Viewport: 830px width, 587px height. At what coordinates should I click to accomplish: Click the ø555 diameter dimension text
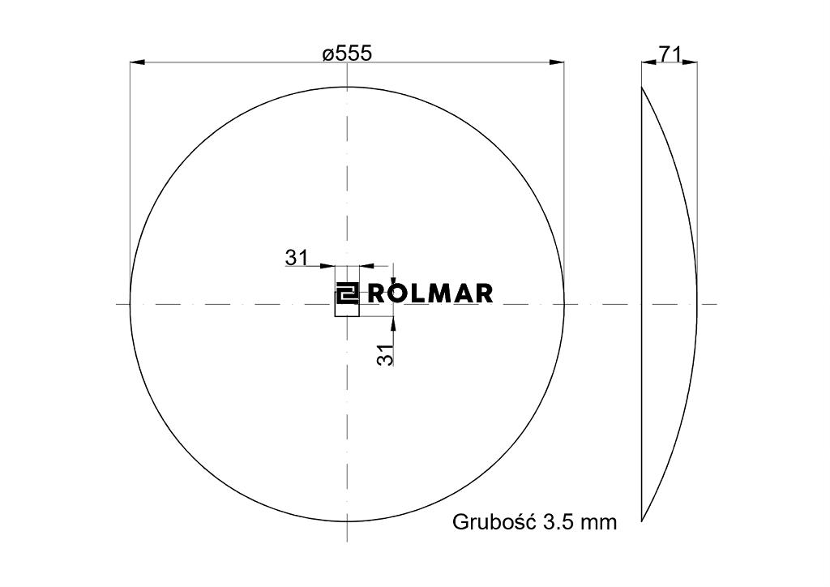coord(347,54)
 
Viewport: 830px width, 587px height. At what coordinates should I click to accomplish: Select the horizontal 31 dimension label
coord(296,258)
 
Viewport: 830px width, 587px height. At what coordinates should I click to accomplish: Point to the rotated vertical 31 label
coord(387,353)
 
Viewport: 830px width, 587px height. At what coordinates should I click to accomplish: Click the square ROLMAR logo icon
coord(347,293)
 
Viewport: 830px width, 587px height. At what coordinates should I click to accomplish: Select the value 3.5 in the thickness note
coord(559,521)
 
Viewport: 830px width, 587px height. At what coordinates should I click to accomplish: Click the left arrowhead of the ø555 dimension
coord(137,62)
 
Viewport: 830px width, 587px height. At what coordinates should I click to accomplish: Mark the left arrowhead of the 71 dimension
coord(648,62)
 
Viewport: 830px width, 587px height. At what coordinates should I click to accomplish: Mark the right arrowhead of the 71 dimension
coord(691,62)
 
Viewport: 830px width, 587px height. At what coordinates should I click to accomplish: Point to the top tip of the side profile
coord(643,87)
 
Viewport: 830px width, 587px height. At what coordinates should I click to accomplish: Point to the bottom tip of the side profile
coord(643,521)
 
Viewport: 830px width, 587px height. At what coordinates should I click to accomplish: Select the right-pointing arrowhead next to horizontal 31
coord(328,264)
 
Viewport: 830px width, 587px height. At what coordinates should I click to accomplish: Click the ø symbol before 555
coord(327,54)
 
